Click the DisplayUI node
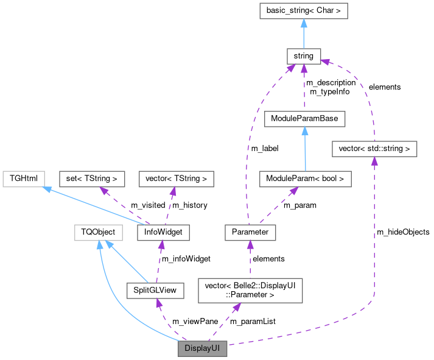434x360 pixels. tap(202, 349)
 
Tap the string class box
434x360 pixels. tap(303, 56)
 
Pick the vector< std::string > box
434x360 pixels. tap(374, 148)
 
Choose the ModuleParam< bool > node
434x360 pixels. tap(305, 179)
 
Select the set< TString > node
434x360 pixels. tap(92, 179)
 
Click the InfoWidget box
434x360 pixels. tap(163, 232)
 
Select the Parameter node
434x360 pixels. tap(250, 232)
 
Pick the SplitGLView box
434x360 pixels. tap(155, 290)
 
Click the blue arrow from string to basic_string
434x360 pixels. tap(303, 33)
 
